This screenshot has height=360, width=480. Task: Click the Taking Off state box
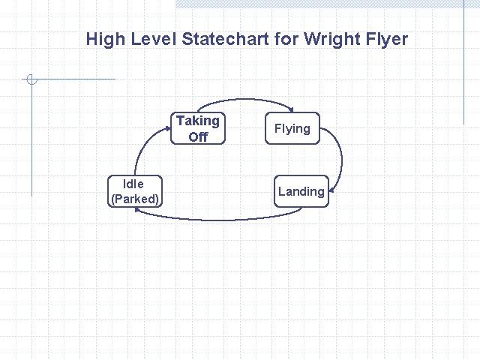(x=198, y=128)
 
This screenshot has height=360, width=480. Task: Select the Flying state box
(x=292, y=128)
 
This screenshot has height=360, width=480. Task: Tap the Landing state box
(x=301, y=191)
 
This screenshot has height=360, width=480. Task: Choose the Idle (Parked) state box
(x=134, y=191)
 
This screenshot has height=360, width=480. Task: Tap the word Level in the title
(x=153, y=39)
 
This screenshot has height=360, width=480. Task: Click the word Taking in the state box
(x=198, y=121)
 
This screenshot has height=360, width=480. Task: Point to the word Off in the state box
(x=198, y=136)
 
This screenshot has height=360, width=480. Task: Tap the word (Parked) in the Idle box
(x=134, y=199)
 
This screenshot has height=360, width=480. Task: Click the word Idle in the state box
(x=134, y=184)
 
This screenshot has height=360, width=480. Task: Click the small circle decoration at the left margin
(x=31, y=79)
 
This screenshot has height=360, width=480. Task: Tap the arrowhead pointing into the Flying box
(x=292, y=112)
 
